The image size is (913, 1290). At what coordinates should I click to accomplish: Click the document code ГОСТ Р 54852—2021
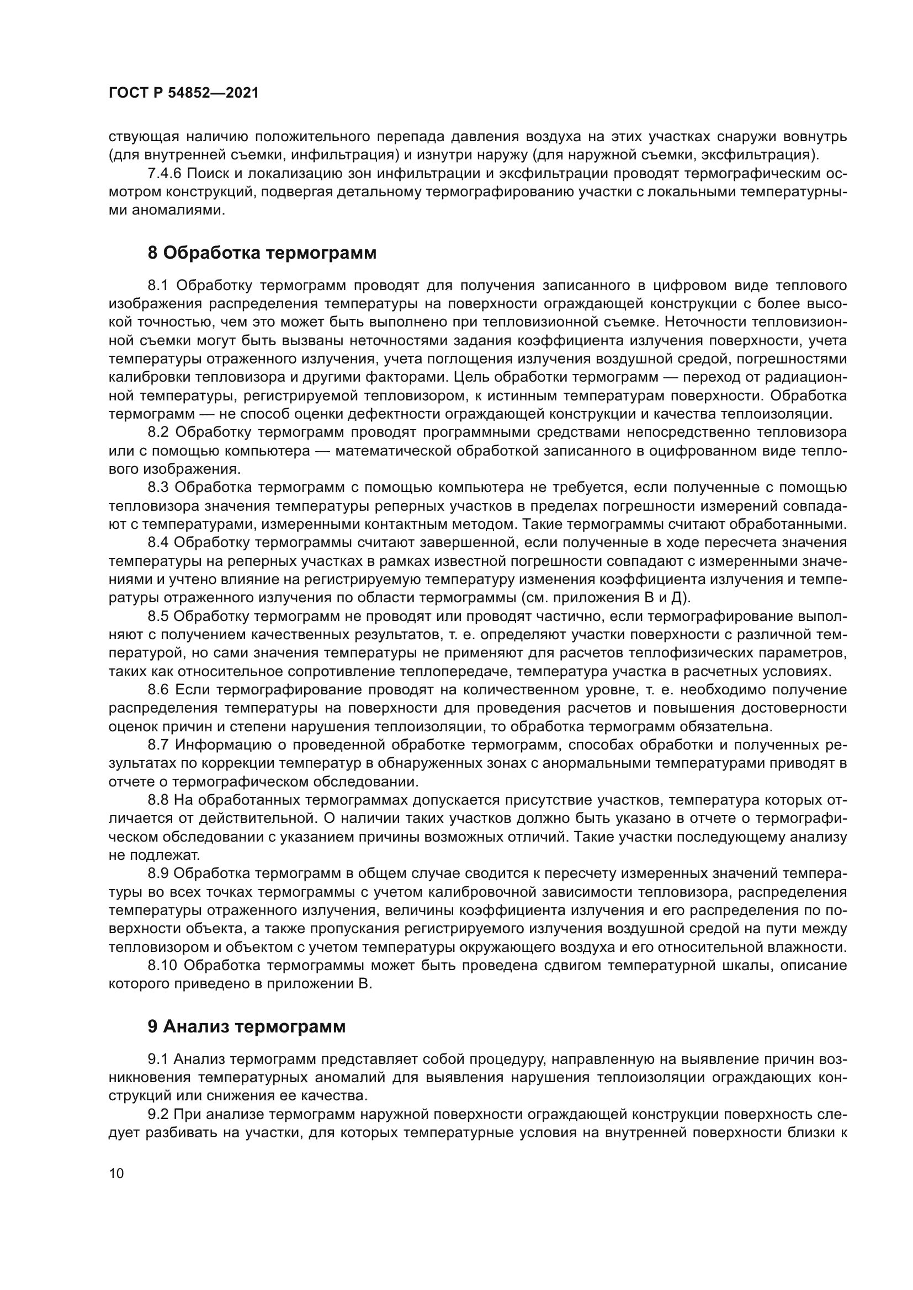tap(183, 93)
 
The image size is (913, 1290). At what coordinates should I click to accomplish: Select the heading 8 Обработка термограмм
tap(262, 253)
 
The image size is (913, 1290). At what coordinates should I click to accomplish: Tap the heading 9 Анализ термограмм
tap(246, 1026)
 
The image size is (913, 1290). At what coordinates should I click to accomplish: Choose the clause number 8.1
tap(158, 286)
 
